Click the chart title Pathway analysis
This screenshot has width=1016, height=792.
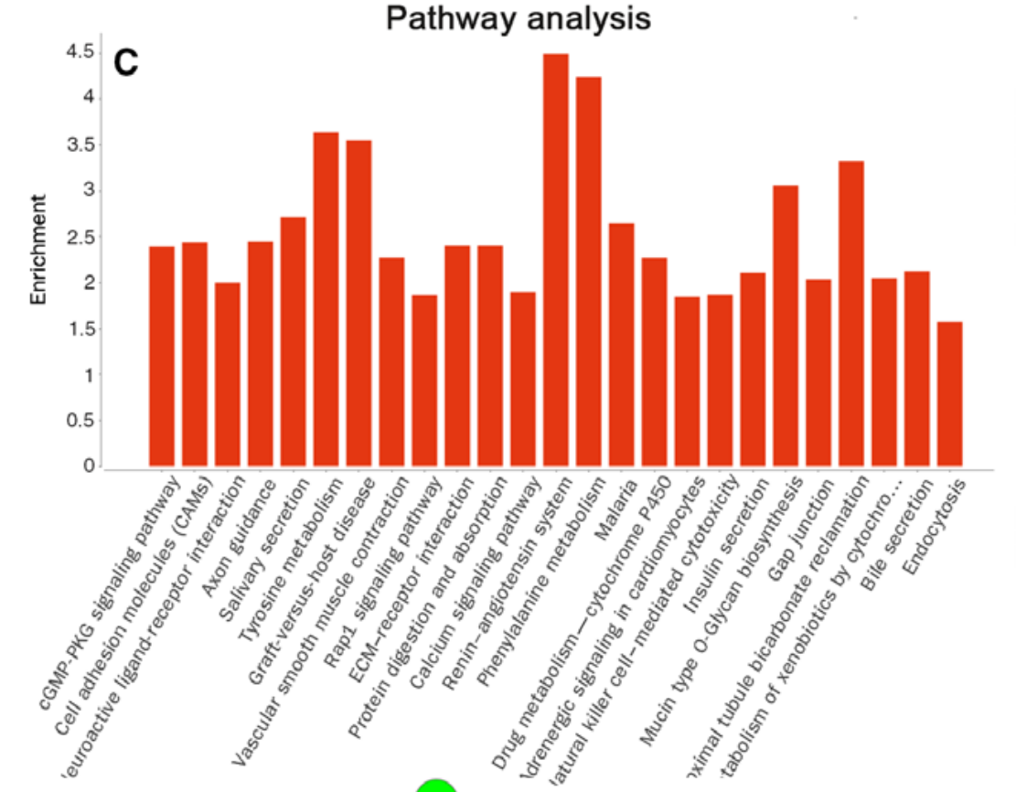[x=518, y=18]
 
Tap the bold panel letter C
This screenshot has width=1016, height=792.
[x=125, y=61]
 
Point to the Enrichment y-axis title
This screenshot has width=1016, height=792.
[x=38, y=249]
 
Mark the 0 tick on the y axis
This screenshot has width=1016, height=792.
[x=89, y=466]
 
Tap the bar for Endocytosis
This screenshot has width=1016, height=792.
[x=950, y=393]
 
